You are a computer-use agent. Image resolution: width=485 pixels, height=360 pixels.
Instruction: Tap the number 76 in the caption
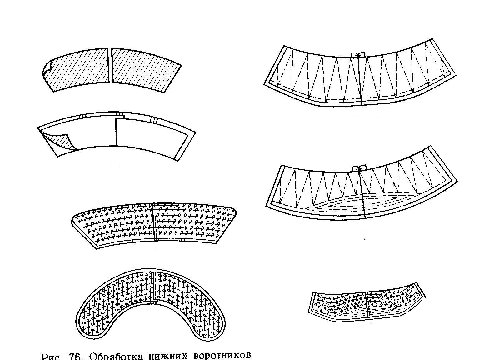75,357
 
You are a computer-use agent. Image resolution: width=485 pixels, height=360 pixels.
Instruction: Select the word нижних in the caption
168,357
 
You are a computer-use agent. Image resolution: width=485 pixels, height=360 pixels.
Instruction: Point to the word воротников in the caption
222,357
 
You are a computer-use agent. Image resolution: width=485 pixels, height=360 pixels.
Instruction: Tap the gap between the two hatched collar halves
110,66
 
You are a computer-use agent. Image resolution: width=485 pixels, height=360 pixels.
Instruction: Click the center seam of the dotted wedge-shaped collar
155,222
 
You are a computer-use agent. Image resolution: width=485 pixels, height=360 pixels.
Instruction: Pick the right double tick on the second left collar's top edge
153,120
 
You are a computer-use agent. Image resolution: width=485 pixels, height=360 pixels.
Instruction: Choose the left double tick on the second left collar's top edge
82,116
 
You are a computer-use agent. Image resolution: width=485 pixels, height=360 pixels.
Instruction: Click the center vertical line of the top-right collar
360,81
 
